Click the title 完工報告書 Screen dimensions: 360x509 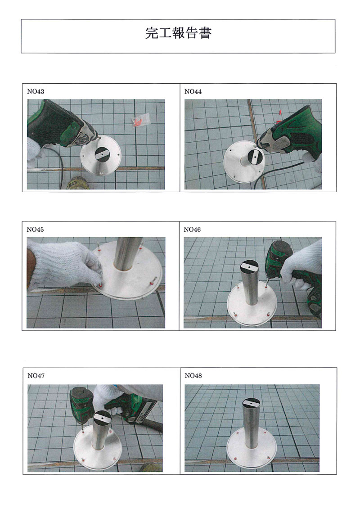click(x=178, y=33)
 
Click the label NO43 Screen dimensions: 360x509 click(x=36, y=91)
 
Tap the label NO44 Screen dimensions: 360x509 click(x=193, y=91)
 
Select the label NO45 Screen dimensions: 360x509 click(x=35, y=230)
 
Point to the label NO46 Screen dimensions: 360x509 click(x=192, y=230)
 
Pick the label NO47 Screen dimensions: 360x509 click(x=36, y=376)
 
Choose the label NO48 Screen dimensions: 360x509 click(x=193, y=376)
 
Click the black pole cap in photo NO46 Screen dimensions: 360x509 click(x=250, y=267)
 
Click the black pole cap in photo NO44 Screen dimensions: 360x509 click(x=256, y=158)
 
